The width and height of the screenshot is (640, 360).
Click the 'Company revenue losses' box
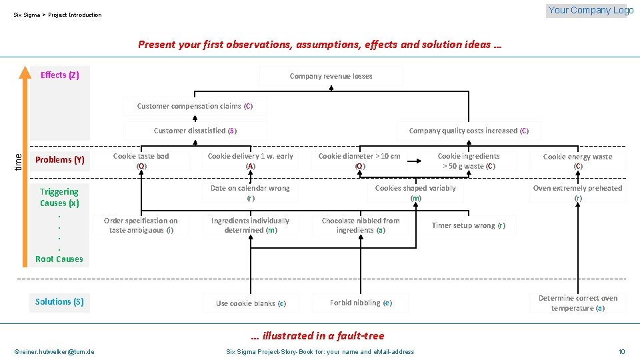pos(331,76)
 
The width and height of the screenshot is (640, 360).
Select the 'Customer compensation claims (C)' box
pos(194,106)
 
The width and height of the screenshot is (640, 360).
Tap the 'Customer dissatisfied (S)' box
pos(195,131)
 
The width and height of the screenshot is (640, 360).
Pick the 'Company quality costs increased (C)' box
pos(469,131)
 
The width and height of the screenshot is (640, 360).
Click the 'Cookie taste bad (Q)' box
pos(141,161)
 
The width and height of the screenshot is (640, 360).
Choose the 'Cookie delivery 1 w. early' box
pos(250,161)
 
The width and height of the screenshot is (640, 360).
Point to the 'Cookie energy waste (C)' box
pos(577,161)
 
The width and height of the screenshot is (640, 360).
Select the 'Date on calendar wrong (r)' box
pos(250,193)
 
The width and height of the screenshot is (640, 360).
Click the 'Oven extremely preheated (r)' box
pos(577,193)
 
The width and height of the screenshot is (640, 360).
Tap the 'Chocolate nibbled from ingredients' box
pos(361,225)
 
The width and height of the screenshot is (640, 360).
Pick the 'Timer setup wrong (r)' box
pos(468,225)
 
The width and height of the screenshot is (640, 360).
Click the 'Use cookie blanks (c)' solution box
pos(251,303)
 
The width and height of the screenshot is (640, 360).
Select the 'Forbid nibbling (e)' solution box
pos(361,303)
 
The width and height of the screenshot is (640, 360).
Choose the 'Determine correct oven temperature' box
pos(577,303)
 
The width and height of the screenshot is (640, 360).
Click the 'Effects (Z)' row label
pos(59,75)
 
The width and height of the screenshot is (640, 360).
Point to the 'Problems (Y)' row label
pos(59,159)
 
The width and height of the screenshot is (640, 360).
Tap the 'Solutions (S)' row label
pos(59,301)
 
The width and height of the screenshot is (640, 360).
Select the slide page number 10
pos(621,351)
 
